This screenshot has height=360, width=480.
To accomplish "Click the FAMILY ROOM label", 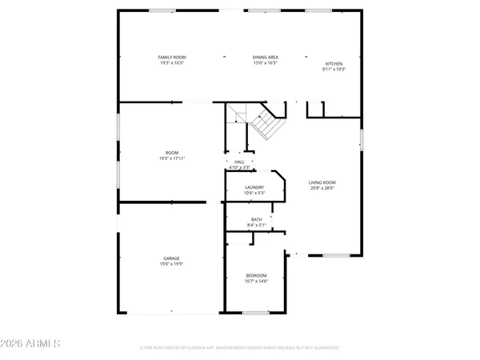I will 171,57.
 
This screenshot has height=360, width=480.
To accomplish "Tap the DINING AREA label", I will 265,57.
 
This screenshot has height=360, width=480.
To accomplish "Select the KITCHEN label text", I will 333,64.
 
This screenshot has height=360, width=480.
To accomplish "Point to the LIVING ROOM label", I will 326,182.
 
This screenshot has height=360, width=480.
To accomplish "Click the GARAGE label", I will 171,258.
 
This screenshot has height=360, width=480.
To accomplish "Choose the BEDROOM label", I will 256,275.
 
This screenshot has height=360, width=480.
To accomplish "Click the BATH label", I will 256,219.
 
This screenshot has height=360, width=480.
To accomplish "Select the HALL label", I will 239,162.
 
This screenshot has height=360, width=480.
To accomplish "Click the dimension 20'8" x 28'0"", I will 326,188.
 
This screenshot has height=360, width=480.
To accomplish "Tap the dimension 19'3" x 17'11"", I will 171,158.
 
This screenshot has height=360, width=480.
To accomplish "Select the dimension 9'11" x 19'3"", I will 333,70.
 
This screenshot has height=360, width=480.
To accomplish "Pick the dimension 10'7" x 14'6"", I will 256,281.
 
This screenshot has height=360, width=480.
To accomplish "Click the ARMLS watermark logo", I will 31,344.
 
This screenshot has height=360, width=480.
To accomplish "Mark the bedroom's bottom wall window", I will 255,312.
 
